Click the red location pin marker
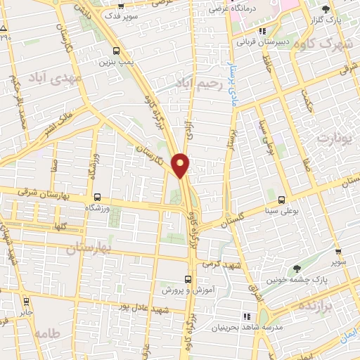coord(181,163)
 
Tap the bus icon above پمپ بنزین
coord(115,51)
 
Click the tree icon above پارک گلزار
coord(325,10)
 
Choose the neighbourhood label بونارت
coord(333,138)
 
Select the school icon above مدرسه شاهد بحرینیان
coord(247,318)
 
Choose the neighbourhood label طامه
coord(46,333)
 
